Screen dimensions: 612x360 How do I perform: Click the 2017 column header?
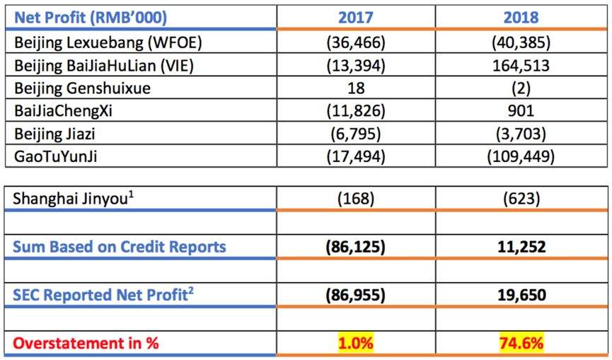356,18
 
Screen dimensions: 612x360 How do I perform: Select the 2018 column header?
521,18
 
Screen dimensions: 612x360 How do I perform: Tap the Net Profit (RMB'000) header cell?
91,18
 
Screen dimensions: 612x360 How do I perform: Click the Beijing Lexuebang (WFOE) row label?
108,42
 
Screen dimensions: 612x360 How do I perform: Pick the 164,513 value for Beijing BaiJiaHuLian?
521,66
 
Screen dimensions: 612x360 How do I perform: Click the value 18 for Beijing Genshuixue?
356,88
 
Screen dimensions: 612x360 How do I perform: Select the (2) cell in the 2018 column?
521,88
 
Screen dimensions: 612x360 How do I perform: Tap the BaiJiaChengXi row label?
63,111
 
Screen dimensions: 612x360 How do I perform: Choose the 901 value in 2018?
521,111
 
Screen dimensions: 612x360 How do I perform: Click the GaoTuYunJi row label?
55,157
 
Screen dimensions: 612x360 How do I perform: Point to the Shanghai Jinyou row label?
74,199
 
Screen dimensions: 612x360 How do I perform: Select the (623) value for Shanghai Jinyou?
521,199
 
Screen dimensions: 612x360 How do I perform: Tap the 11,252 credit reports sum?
521,247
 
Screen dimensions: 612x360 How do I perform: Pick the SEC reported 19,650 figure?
521,295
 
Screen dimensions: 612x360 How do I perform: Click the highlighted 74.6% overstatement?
521,343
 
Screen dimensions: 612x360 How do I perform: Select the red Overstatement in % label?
86,343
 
